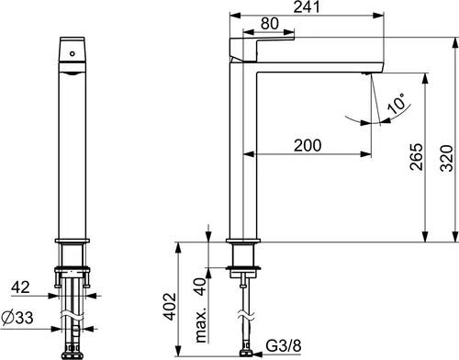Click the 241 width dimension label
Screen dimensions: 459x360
click(x=307, y=7)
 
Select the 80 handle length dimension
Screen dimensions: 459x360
click(x=270, y=24)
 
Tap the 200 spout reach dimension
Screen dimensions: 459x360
click(x=308, y=145)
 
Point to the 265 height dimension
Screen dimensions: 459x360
click(x=417, y=156)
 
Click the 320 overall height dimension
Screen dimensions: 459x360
click(x=446, y=158)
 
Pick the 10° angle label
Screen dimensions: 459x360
click(x=397, y=103)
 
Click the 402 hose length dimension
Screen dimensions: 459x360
click(x=170, y=307)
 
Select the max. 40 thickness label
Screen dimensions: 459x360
click(x=201, y=310)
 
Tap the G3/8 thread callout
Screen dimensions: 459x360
click(x=284, y=345)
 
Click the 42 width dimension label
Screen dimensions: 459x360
click(x=20, y=287)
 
